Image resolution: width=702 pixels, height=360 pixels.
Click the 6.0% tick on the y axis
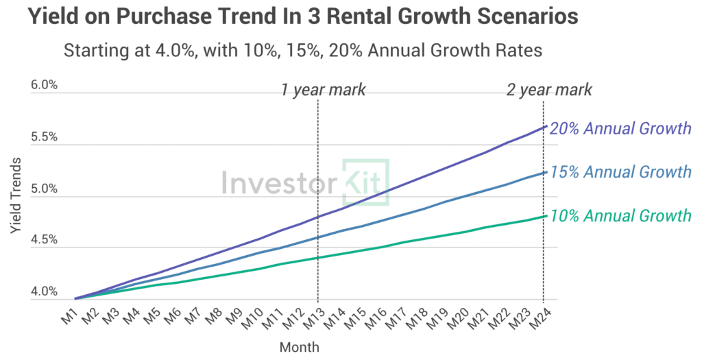(x=44, y=85)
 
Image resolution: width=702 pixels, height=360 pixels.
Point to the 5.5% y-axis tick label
(x=44, y=136)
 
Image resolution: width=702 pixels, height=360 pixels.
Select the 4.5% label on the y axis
(x=44, y=240)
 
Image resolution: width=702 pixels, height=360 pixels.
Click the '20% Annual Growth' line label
(x=620, y=128)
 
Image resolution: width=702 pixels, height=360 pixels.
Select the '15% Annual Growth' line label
(x=620, y=171)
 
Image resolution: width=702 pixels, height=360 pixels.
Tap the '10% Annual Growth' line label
(x=620, y=216)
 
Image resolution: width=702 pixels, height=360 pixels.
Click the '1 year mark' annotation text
(x=323, y=90)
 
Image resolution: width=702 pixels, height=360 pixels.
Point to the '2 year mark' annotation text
(x=549, y=90)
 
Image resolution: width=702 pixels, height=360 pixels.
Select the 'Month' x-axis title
(x=299, y=346)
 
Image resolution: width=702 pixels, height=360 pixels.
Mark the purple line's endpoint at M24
(x=544, y=127)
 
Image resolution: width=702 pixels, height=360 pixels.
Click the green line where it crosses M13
(x=318, y=257)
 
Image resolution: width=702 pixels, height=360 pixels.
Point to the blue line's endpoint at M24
(x=544, y=172)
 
